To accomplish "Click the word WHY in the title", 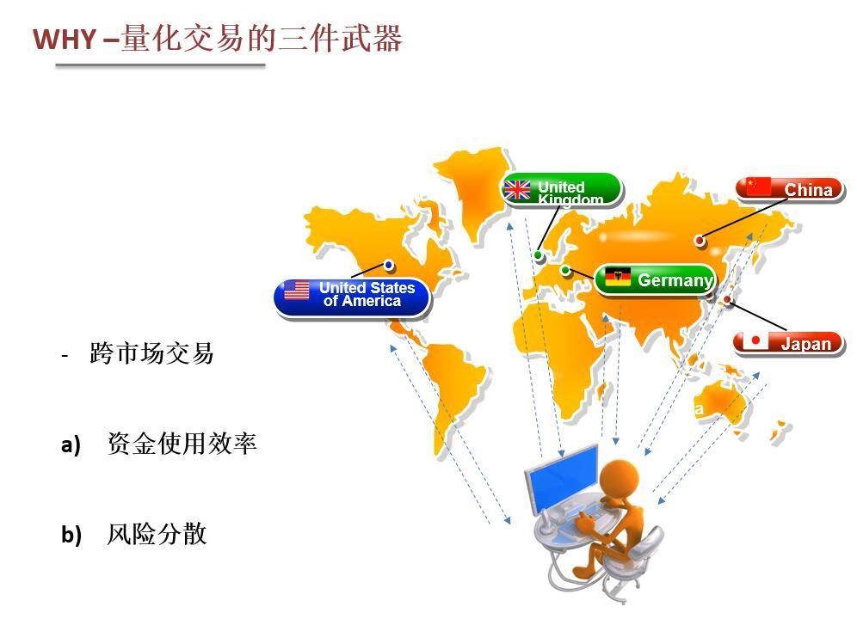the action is (x=65, y=40).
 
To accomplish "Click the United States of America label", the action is (x=353, y=297).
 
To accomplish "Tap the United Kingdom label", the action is (x=562, y=190).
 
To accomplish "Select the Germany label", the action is (x=655, y=279).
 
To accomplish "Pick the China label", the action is (x=790, y=189).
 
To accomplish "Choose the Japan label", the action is (x=788, y=343).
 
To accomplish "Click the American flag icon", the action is (x=297, y=291).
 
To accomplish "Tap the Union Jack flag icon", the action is (x=516, y=190).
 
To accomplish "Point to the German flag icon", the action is (x=618, y=278).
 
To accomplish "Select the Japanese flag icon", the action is (x=755, y=340).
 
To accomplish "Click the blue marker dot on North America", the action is (x=389, y=265).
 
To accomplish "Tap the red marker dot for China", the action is (x=699, y=240).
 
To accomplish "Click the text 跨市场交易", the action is (x=151, y=353).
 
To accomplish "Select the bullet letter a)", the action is (x=71, y=444).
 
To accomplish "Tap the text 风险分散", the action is (x=157, y=534).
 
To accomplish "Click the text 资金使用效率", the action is (x=182, y=443).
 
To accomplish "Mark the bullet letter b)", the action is (x=71, y=535).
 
